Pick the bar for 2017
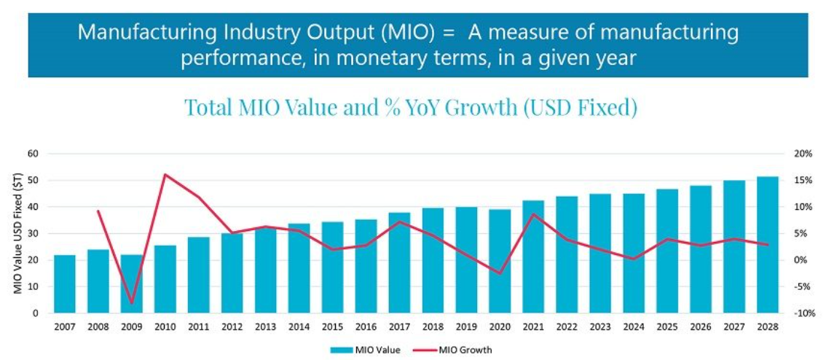[x=398, y=262]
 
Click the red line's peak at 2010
[x=165, y=174]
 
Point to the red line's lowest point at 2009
[x=132, y=302]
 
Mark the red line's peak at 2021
[x=533, y=214]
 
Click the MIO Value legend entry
[x=365, y=350]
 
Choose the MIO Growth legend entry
[x=456, y=350]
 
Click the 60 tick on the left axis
[x=32, y=154]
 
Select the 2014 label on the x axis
[x=299, y=327]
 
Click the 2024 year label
[x=633, y=327]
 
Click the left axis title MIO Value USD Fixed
[x=17, y=233]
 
